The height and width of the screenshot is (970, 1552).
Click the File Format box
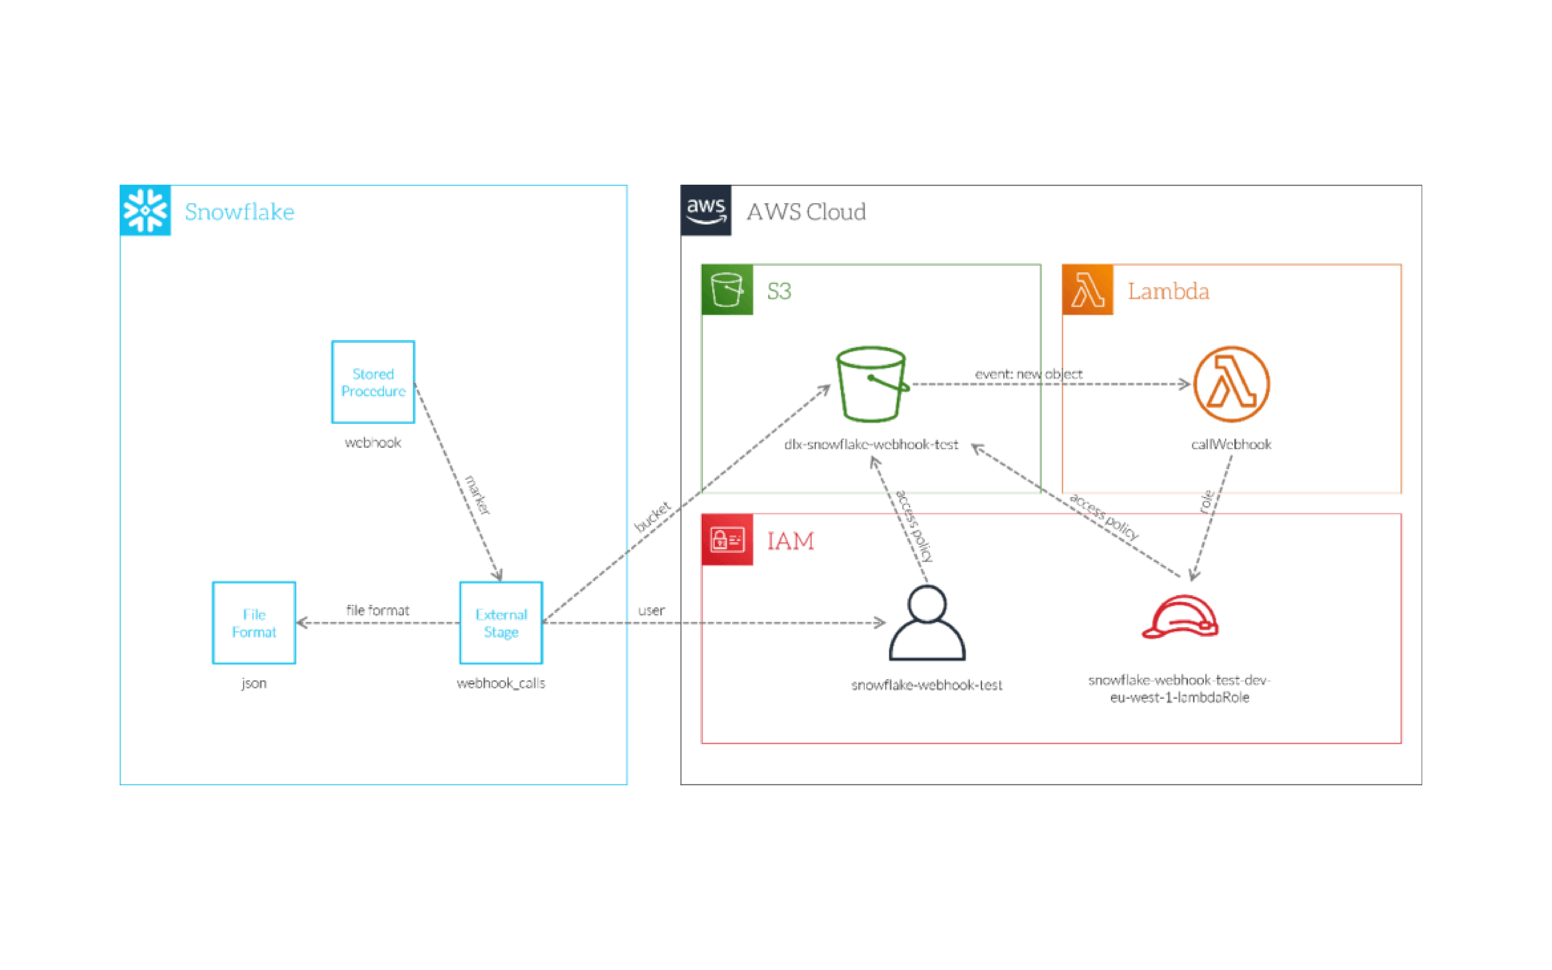(x=254, y=622)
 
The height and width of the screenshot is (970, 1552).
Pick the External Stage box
(x=501, y=622)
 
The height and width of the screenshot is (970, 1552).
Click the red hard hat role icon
(x=1180, y=617)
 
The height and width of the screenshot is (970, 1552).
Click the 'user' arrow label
(x=651, y=611)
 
